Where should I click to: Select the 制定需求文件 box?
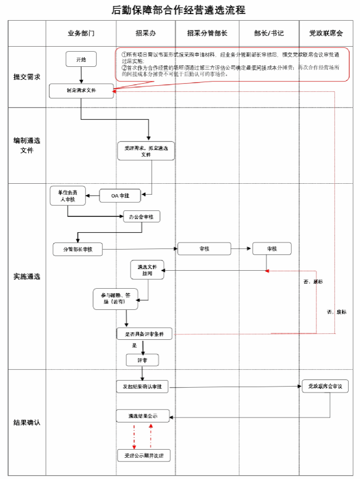[x=81, y=91]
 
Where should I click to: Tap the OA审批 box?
[x=120, y=195]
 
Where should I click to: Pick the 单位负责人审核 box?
[x=67, y=196]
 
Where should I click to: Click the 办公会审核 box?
[x=141, y=216]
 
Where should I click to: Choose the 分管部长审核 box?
[x=78, y=249]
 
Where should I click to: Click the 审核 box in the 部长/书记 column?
[x=271, y=248]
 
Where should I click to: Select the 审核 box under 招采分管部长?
[x=204, y=248]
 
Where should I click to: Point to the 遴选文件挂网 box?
[x=147, y=270]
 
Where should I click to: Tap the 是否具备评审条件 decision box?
[x=144, y=333]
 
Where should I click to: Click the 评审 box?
[x=142, y=360]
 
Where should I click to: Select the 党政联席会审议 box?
[x=325, y=387]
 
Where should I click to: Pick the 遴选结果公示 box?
[x=142, y=416]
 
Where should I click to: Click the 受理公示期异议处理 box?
[x=144, y=455]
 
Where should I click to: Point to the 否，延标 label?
[x=313, y=282]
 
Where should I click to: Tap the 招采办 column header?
[x=146, y=33]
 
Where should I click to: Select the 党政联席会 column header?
[x=326, y=33]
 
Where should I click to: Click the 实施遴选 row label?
[x=27, y=276]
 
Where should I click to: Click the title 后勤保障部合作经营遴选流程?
[x=179, y=10]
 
